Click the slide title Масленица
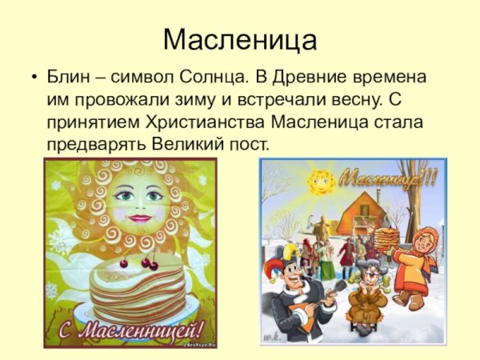click(240, 39)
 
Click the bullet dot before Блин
click(33, 79)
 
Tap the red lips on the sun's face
click(138, 218)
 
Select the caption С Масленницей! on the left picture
click(130, 328)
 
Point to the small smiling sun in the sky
click(321, 181)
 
